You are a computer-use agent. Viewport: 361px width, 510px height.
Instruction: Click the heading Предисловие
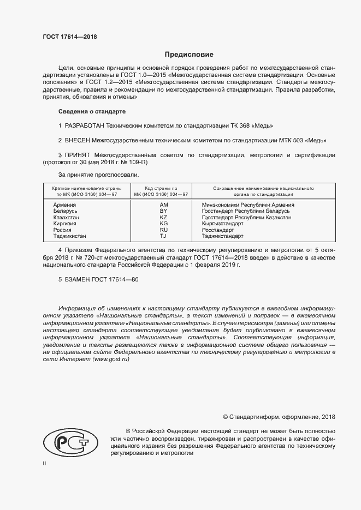189,55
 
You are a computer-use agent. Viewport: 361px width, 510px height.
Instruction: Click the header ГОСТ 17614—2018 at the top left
70,38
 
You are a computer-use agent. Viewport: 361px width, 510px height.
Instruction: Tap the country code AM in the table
163,204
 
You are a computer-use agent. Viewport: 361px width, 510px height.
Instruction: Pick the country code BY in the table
163,211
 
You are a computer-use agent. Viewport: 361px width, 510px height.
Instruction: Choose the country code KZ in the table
163,217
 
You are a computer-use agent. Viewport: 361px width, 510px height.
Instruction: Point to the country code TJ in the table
163,237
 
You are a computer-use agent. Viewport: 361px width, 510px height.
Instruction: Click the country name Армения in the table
65,204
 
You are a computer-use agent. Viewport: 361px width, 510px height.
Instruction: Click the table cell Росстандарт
218,230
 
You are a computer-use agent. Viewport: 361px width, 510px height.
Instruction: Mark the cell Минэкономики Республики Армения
247,204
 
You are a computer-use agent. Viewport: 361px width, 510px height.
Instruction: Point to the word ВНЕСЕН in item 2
78,140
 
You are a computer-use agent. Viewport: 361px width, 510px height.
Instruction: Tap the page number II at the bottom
44,463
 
